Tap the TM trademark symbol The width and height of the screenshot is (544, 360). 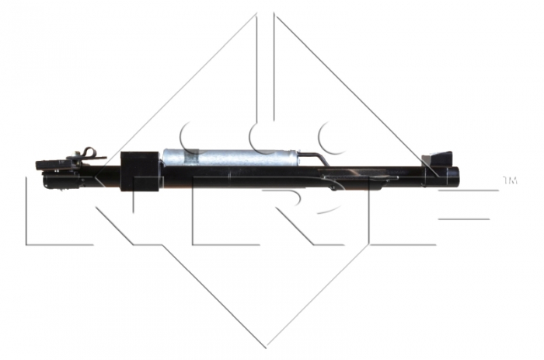tap(510, 180)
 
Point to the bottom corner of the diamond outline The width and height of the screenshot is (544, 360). tap(267, 343)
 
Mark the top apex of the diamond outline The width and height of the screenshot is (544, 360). tap(267, 14)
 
